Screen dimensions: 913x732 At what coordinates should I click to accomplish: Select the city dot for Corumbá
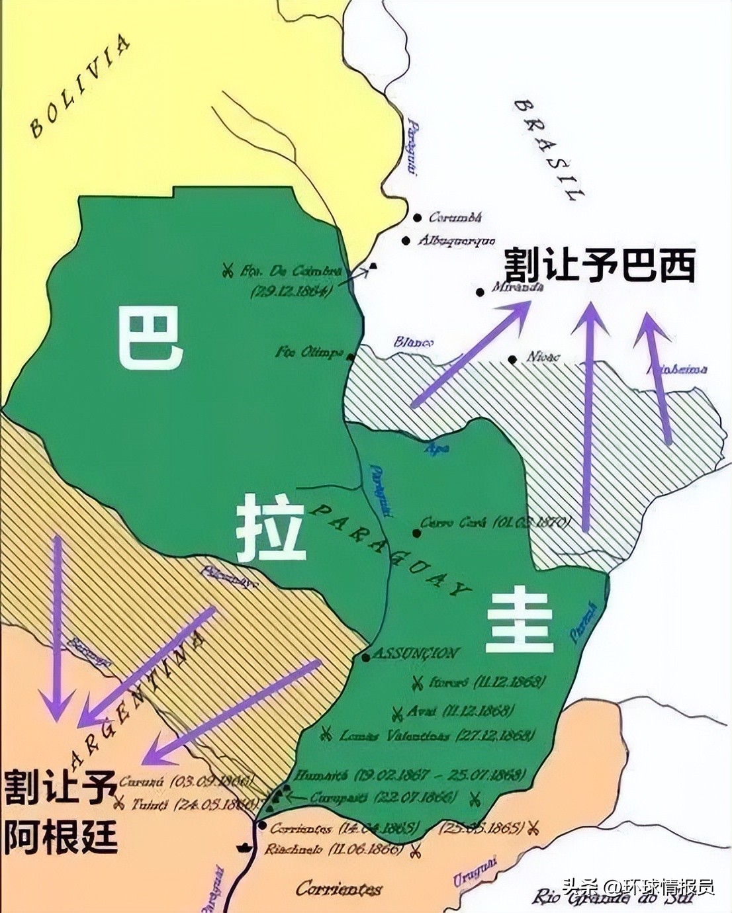pyautogui.click(x=418, y=217)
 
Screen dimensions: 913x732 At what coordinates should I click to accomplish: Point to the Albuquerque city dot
pyautogui.click(x=406, y=241)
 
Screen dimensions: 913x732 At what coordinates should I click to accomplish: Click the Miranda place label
pyautogui.click(x=518, y=288)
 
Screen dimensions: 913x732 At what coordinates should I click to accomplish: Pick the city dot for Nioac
pyautogui.click(x=512, y=359)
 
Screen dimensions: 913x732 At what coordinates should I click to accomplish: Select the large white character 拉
pyautogui.click(x=271, y=529)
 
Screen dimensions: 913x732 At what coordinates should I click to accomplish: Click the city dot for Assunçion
pyautogui.click(x=365, y=658)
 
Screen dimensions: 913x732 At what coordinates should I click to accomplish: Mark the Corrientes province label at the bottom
pyautogui.click(x=339, y=889)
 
